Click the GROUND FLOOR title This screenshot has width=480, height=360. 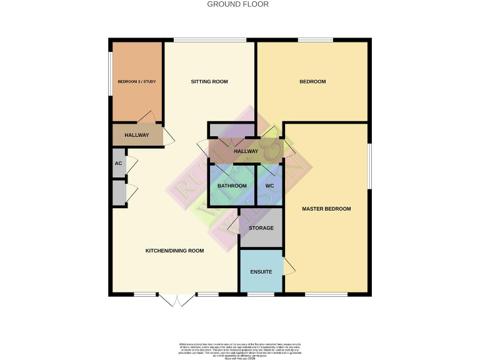(237, 4)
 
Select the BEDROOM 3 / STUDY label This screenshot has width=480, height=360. (136, 82)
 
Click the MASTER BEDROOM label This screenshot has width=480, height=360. (326, 209)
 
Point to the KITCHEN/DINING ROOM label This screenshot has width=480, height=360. (175, 251)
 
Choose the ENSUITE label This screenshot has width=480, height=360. (261, 272)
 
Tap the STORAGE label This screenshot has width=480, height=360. (261, 228)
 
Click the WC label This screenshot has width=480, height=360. (269, 186)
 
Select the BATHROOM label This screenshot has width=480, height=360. (232, 186)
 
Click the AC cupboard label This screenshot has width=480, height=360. (118, 163)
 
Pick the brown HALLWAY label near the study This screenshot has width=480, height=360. (136, 135)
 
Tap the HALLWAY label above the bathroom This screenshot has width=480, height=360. (246, 151)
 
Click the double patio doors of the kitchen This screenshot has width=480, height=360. (177, 300)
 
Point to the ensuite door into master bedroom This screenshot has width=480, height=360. (289, 266)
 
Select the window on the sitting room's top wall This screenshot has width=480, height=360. (192, 41)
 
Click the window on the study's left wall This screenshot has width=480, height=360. (111, 73)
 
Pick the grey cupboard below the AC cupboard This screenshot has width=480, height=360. (119, 192)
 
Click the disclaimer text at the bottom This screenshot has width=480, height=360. (240, 350)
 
